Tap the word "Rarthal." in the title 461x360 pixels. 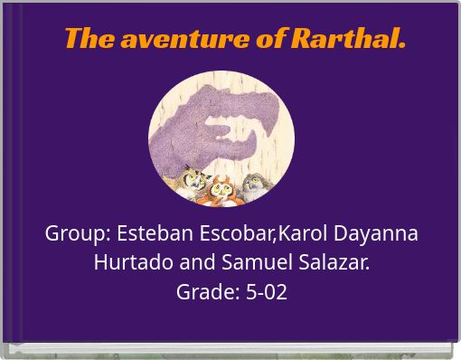tap(347, 39)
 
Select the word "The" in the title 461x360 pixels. tap(89, 39)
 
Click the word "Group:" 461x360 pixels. tap(78, 233)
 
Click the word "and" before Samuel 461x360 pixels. tap(199, 263)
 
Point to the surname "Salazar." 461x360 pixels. tap(335, 263)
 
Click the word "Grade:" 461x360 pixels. tap(207, 292)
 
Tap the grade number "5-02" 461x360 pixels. tap(266, 292)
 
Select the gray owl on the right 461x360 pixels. tap(256, 185)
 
